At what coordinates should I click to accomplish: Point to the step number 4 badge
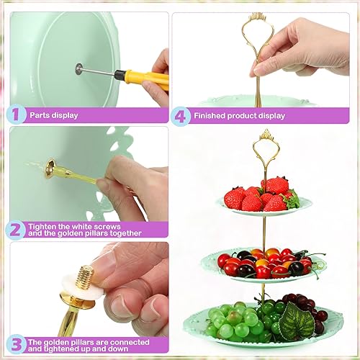click(181, 114)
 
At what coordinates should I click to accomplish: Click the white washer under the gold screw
click(68, 291)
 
